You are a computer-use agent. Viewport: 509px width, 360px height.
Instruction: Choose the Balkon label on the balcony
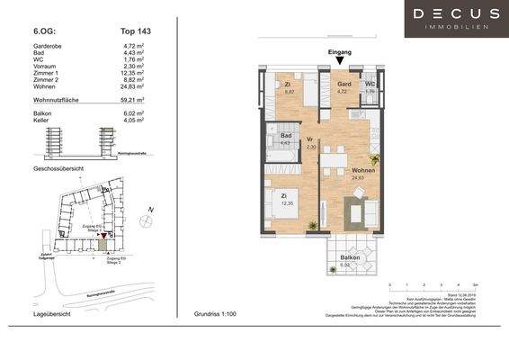pyautogui.click(x=351, y=257)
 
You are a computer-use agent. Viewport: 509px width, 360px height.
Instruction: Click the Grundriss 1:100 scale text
pyautogui.click(x=217, y=315)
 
